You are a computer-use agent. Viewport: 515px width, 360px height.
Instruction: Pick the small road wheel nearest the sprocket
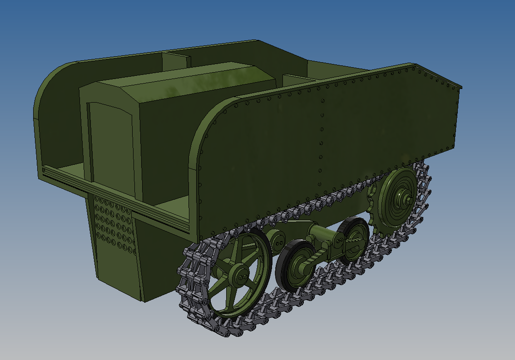[353, 241]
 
